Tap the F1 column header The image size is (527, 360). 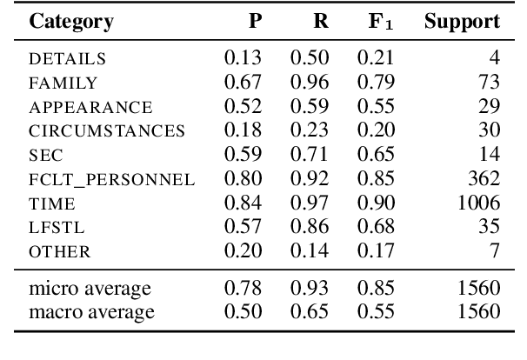coord(377,23)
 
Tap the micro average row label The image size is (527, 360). coord(89,288)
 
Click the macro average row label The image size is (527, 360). coord(90,311)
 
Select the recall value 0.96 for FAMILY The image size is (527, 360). coord(309,84)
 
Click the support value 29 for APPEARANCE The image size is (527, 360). coord(491,108)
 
